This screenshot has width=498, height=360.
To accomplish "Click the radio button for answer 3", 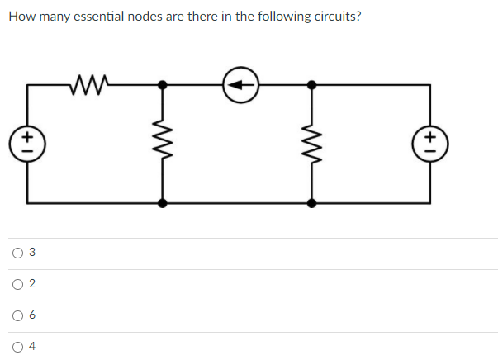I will click(x=17, y=253).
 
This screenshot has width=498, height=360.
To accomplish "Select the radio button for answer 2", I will click(x=17, y=284).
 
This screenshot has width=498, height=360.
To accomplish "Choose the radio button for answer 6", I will click(x=17, y=315).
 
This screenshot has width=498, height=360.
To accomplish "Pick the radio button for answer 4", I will click(x=17, y=346).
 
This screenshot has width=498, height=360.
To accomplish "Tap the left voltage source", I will click(x=27, y=142).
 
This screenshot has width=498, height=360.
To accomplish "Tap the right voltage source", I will click(x=430, y=142).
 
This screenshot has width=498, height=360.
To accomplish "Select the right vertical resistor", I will click(x=311, y=143).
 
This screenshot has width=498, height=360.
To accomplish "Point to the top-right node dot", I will click(x=311, y=84).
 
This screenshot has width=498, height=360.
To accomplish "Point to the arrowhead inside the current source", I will click(x=235, y=84).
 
